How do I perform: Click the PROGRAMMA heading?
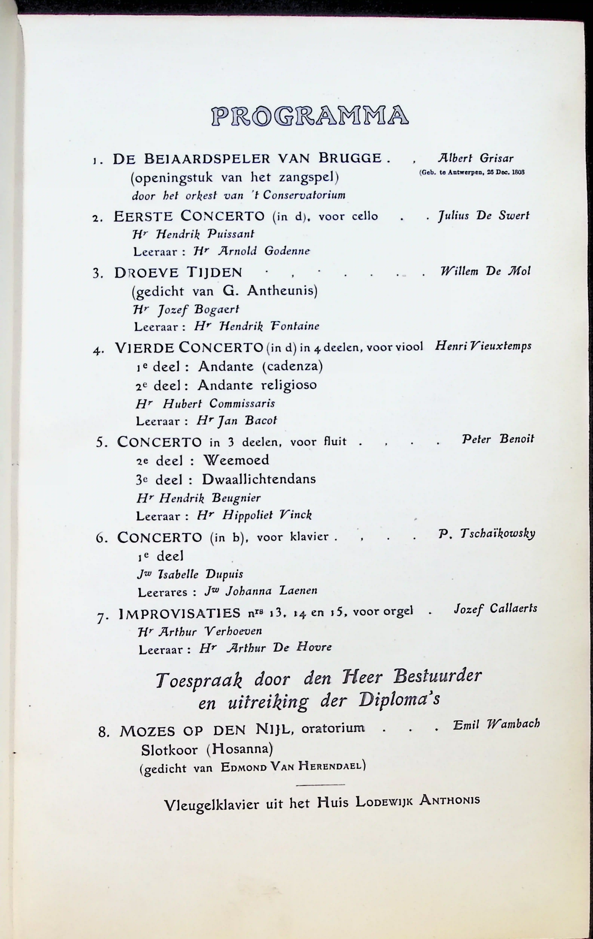coord(310,116)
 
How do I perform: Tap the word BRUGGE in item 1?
coord(350,158)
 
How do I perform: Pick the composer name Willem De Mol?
coord(485,271)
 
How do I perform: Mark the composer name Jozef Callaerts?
coord(495,609)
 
